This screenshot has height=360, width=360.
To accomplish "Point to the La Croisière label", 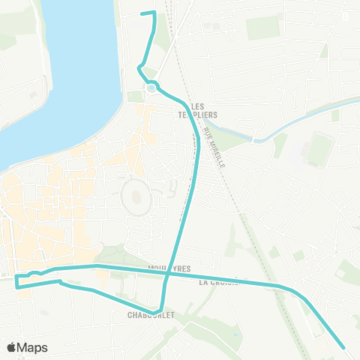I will pyautogui.click(x=218, y=283).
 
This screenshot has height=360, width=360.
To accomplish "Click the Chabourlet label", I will pyautogui.click(x=151, y=316).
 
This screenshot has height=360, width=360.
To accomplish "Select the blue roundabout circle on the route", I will pyautogui.click(x=151, y=88).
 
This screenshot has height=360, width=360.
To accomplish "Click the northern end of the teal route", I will pyautogui.click(x=143, y=13).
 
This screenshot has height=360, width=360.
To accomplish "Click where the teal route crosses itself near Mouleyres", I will pyautogui.click(x=166, y=274).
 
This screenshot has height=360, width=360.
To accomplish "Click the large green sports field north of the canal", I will pyautogui.click(x=262, y=28).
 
